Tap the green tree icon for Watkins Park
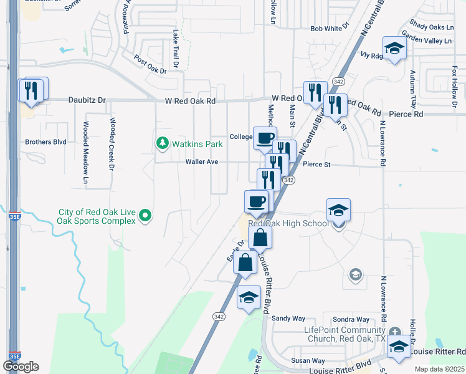click(x=163, y=144)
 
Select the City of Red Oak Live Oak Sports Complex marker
click(x=145, y=216)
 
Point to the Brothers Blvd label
click(x=45, y=142)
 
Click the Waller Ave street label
click(x=201, y=161)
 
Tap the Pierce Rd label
click(x=405, y=114)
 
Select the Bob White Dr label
click(x=327, y=29)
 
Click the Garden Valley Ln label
click(x=426, y=41)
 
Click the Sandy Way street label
click(x=287, y=318)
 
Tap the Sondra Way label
click(x=351, y=318)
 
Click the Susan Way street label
click(x=308, y=361)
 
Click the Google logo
click(x=21, y=367)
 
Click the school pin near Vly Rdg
click(x=394, y=49)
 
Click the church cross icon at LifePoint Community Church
click(x=395, y=331)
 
